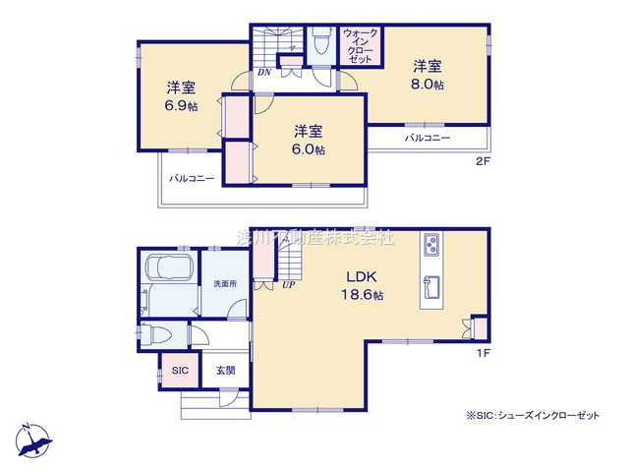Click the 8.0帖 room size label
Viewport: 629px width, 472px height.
[427, 86]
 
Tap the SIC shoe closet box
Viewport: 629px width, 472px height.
[179, 371]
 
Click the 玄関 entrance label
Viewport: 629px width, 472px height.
[225, 371]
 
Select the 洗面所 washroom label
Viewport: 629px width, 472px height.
[225, 284]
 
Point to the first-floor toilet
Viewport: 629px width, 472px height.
[158, 333]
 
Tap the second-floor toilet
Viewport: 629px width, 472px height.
[320, 42]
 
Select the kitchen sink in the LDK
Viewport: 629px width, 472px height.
[432, 288]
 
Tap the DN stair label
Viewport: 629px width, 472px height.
[264, 72]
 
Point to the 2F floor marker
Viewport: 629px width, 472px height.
[482, 160]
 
